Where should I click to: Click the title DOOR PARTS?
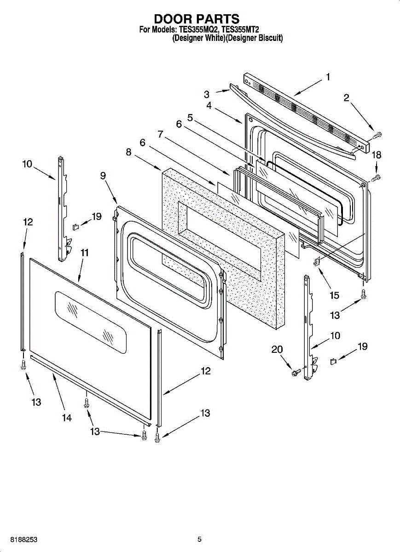197,19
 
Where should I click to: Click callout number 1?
328,77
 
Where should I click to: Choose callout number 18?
377,155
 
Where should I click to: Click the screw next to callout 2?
377,135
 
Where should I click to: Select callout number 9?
103,175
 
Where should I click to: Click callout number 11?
85,253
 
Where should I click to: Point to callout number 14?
67,418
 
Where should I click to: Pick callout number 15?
334,295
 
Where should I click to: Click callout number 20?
277,350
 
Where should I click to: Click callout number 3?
207,95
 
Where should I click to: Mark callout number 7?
160,134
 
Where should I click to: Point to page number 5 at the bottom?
199,539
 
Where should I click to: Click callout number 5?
190,117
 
